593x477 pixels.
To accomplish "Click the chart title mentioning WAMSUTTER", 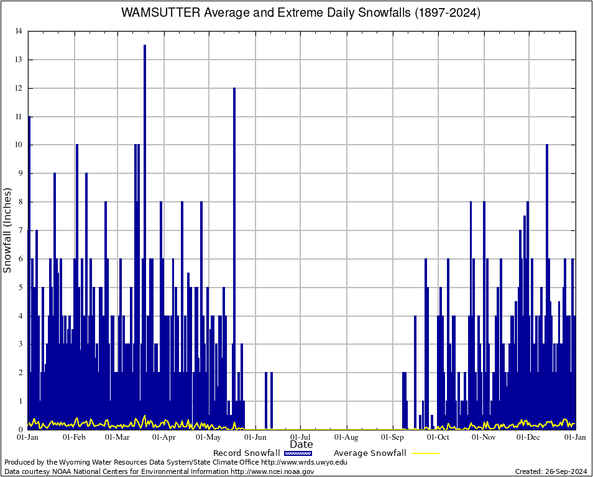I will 301,12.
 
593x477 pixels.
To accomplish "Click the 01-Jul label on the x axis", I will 301,437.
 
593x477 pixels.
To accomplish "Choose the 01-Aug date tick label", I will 347,437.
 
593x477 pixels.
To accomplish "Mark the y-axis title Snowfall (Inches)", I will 7,230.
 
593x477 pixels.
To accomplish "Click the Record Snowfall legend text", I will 246,453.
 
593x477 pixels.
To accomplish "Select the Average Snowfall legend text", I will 370,453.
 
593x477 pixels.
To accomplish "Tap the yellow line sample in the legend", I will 425,453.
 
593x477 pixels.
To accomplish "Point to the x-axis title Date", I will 301,445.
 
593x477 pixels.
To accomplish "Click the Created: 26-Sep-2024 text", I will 551,472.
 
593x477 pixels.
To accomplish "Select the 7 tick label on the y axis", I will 21,230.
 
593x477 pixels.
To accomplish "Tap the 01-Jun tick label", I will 255,437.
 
